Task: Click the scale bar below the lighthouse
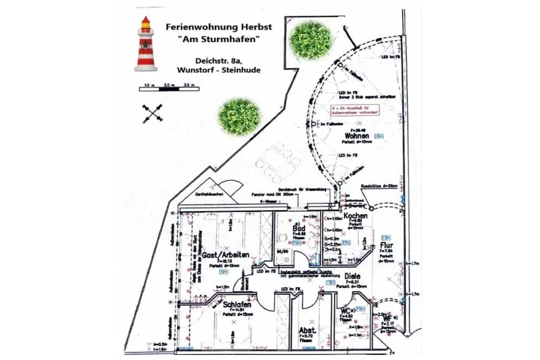(169, 89)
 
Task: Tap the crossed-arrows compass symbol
(152, 113)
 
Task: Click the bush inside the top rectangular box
(311, 39)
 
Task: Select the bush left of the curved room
(239, 116)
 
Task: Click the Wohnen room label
(357, 135)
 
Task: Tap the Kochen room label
(355, 216)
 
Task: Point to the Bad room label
(298, 229)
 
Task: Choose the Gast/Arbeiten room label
(226, 255)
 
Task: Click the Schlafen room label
(236, 305)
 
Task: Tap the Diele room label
(353, 276)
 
